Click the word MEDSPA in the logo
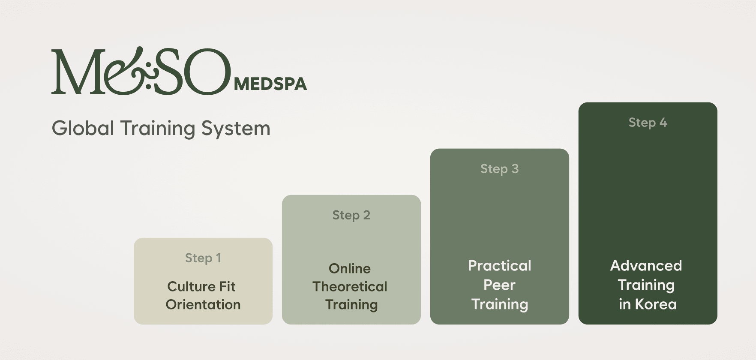tap(270, 84)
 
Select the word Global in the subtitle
tap(83, 129)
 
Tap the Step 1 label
tap(203, 258)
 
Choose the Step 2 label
tap(351, 215)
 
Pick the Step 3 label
tap(499, 169)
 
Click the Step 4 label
tap(648, 123)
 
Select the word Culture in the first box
tap(189, 286)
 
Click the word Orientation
tap(203, 304)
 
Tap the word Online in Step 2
tap(349, 268)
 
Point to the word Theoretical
tap(349, 286)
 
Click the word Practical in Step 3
tap(499, 266)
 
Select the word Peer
tap(499, 285)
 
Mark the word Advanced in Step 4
tap(646, 266)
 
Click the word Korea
tap(655, 304)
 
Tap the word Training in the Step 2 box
tap(351, 304)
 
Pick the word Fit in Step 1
tap(227, 286)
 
